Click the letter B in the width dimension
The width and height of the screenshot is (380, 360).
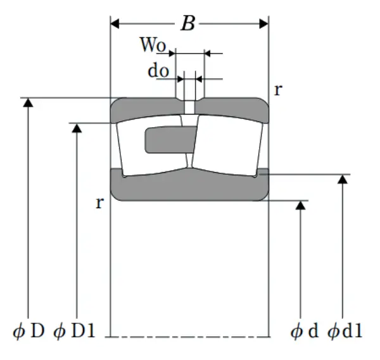pos(188,24)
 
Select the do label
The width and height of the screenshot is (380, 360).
pos(158,70)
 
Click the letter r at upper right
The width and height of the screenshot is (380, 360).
pos(277,89)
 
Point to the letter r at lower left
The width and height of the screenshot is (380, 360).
pos(99,203)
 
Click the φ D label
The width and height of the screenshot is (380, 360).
pos(28,331)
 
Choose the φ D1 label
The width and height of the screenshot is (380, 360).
pos(75,331)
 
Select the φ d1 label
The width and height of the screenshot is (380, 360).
pos(346,331)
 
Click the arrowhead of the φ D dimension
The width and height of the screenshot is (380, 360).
pos(27,103)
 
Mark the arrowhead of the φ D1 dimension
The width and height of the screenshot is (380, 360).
pos(77,128)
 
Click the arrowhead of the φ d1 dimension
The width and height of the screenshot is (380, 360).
pos(343,180)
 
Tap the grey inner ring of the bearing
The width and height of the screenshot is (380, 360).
pos(190,186)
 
